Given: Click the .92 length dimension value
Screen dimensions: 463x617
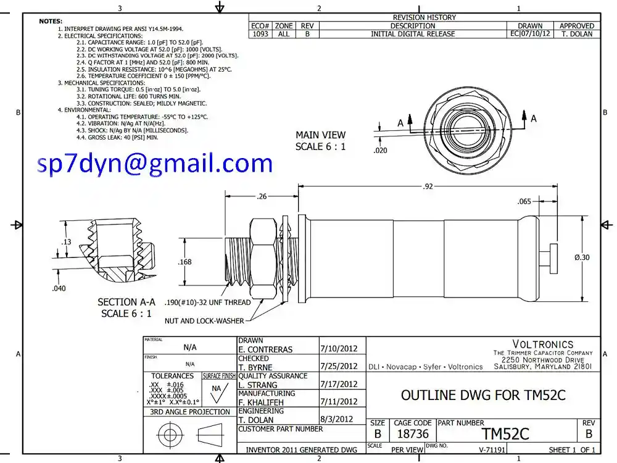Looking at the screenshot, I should coord(428,186).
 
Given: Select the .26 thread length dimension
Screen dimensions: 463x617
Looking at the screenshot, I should coord(262,197).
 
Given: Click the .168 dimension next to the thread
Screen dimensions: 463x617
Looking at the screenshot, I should coord(184,262).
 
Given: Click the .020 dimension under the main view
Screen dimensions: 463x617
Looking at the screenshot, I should coord(381,150).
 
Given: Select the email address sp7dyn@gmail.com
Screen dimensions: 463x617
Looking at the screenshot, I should coord(155,163).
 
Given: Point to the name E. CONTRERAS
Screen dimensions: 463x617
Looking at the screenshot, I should coord(265,349).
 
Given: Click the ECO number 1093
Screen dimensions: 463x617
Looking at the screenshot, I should coord(260,34).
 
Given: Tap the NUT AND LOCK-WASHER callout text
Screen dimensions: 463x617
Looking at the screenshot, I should coord(204,320).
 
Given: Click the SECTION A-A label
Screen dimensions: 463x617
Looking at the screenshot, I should coord(126,302).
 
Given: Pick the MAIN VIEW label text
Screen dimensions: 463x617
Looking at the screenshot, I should coord(320,135).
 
